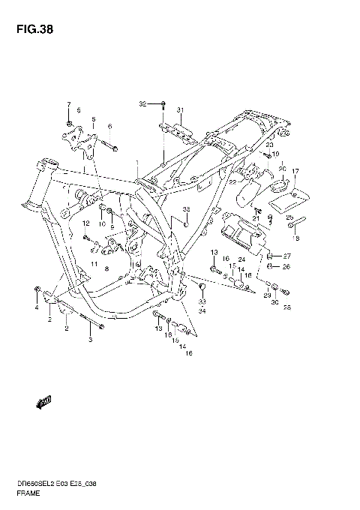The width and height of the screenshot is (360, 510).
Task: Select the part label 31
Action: tap(180, 110)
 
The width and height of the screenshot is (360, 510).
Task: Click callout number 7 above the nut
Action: tap(68, 104)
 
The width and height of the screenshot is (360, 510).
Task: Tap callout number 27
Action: tap(286, 256)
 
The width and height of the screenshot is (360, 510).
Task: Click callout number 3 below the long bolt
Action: tap(90, 340)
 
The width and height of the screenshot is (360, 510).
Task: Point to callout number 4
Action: tap(35, 307)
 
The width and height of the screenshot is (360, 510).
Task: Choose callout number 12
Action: tap(85, 223)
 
